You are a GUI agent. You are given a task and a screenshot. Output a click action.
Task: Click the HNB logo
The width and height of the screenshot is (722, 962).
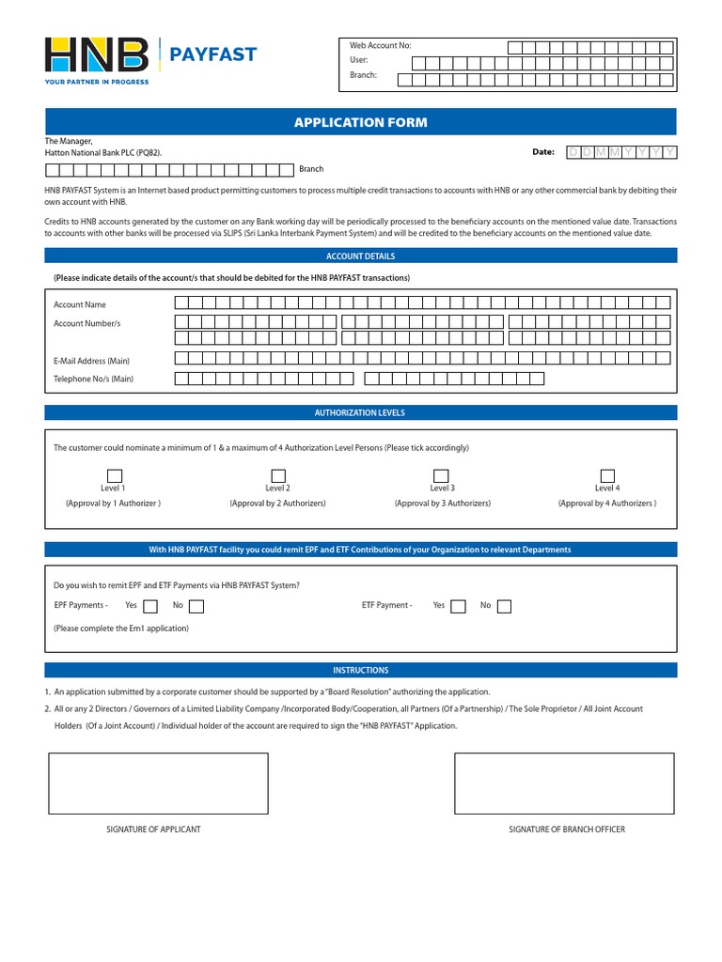97,55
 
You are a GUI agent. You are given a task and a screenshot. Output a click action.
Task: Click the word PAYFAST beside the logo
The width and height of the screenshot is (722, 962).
212,54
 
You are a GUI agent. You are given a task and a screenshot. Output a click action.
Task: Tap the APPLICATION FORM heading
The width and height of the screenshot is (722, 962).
361,122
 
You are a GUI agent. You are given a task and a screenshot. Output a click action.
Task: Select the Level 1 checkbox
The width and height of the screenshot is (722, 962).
114,475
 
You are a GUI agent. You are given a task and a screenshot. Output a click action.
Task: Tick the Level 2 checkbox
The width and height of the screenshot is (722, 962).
278,475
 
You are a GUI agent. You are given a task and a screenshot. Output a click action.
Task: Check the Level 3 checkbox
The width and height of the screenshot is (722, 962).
441,475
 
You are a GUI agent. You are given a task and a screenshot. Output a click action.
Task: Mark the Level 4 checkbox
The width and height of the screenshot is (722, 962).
607,475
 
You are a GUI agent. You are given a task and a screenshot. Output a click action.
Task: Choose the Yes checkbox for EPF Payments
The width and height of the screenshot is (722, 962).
150,606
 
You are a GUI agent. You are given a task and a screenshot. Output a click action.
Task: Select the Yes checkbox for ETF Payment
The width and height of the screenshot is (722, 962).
458,606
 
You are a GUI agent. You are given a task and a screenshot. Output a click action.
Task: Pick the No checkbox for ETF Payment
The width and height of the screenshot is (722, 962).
505,606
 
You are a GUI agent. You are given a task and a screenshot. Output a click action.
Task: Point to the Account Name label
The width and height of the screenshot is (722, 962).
80,304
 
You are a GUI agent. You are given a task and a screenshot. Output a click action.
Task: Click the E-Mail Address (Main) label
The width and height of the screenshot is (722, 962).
91,361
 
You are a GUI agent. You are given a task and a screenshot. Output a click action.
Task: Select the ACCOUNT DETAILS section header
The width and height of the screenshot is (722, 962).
361,256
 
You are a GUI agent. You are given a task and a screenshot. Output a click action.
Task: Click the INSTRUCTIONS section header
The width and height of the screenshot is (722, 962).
361,670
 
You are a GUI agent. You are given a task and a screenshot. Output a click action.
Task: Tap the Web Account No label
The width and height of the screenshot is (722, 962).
381,46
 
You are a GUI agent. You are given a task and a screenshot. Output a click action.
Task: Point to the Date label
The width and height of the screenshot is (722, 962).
543,151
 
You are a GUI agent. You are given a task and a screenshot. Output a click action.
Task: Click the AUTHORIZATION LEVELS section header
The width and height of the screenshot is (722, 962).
361,412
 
